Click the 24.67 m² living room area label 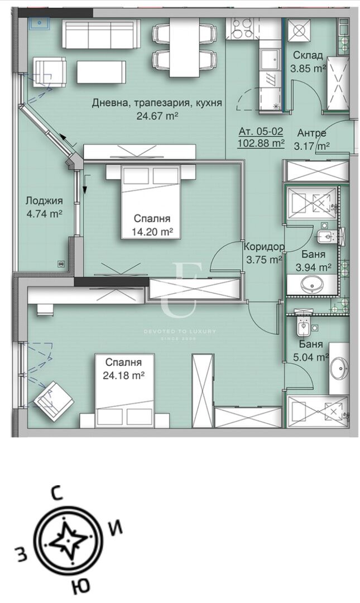tap(157, 116)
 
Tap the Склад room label tap(308, 55)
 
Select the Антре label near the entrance tap(311, 133)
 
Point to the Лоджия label tap(44, 201)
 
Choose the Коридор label tap(265, 247)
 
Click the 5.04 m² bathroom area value tap(311, 357)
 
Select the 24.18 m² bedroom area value tap(123, 375)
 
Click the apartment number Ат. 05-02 tap(261, 131)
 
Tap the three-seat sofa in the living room tap(99, 34)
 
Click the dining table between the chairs tap(184, 47)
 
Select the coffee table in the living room tap(101, 71)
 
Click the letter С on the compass tap(56, 494)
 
